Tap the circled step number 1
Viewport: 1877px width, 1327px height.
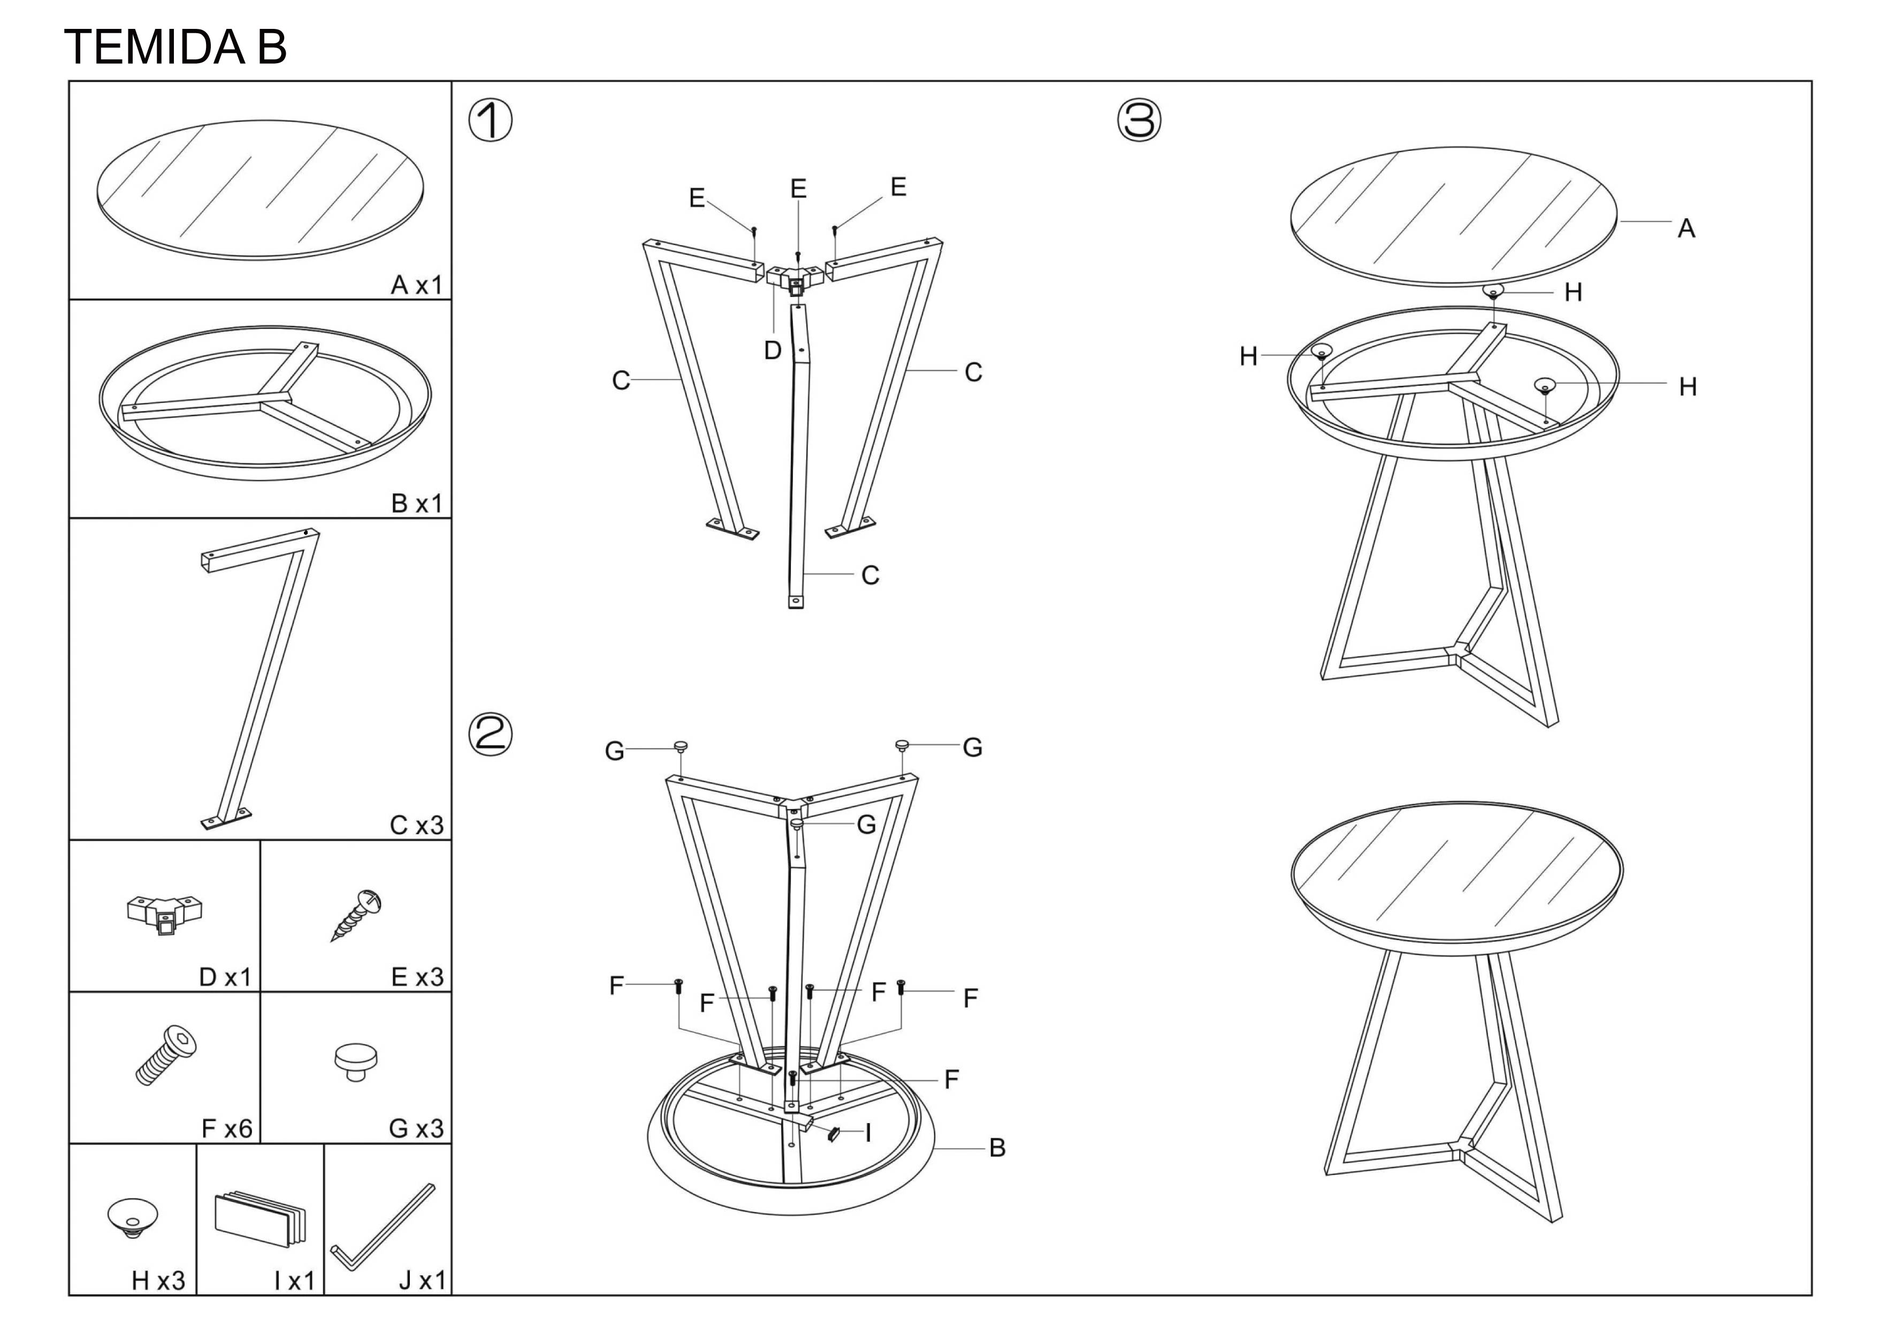click(491, 121)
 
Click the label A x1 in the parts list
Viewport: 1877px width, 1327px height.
click(417, 285)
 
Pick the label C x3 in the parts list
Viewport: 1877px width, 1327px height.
click(417, 826)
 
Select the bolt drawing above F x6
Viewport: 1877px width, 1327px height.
click(165, 1056)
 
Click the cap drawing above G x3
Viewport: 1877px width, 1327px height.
click(356, 1061)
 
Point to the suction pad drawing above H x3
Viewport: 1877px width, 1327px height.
click(133, 1218)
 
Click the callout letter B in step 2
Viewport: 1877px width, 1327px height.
click(997, 1148)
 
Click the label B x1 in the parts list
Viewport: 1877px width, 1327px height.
click(417, 504)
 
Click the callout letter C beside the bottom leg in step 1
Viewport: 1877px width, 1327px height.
click(870, 576)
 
